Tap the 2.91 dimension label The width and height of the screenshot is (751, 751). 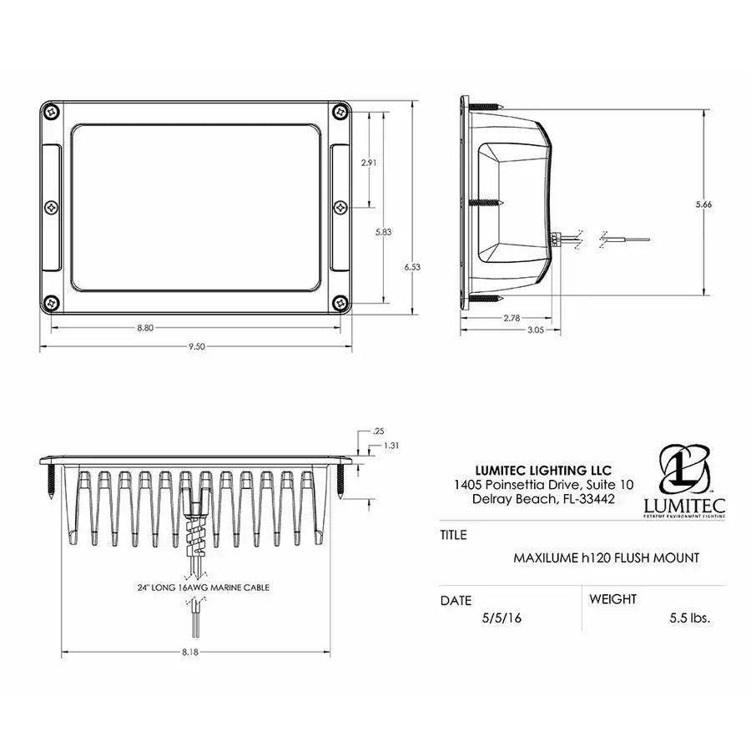368,163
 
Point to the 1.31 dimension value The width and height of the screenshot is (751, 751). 392,446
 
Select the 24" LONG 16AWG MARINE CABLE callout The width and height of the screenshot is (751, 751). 204,587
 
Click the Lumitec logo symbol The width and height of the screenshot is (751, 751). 684,470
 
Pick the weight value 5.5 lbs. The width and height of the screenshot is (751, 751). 689,619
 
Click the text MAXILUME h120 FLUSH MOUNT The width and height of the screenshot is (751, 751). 606,557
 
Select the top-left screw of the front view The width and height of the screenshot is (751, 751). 52,110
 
